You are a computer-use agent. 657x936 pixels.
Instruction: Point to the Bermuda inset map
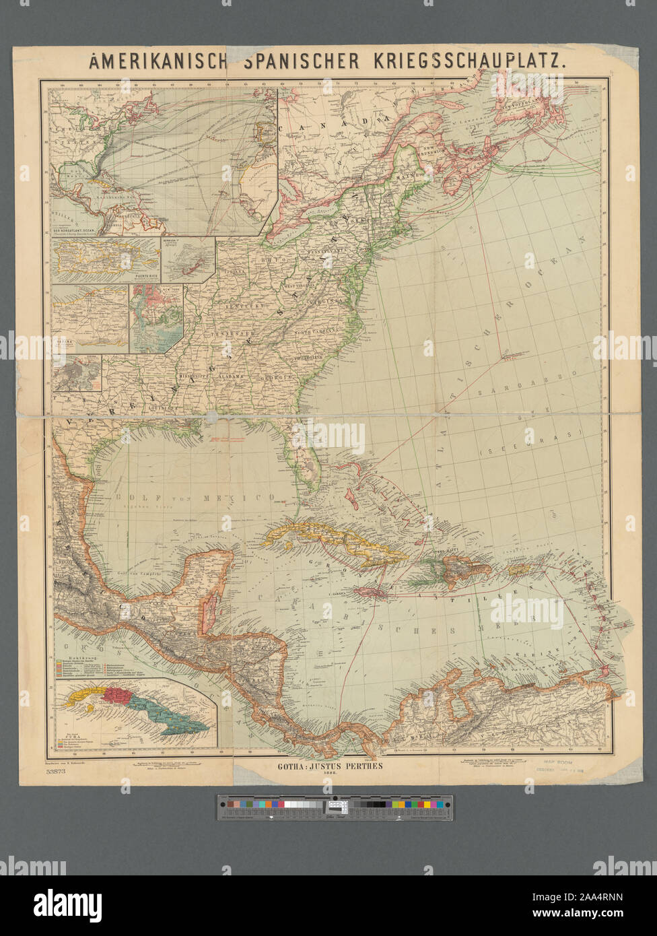tap(187, 259)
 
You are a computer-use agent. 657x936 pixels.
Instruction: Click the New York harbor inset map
tap(156, 318)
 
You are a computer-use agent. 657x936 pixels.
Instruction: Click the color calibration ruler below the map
tap(335, 807)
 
